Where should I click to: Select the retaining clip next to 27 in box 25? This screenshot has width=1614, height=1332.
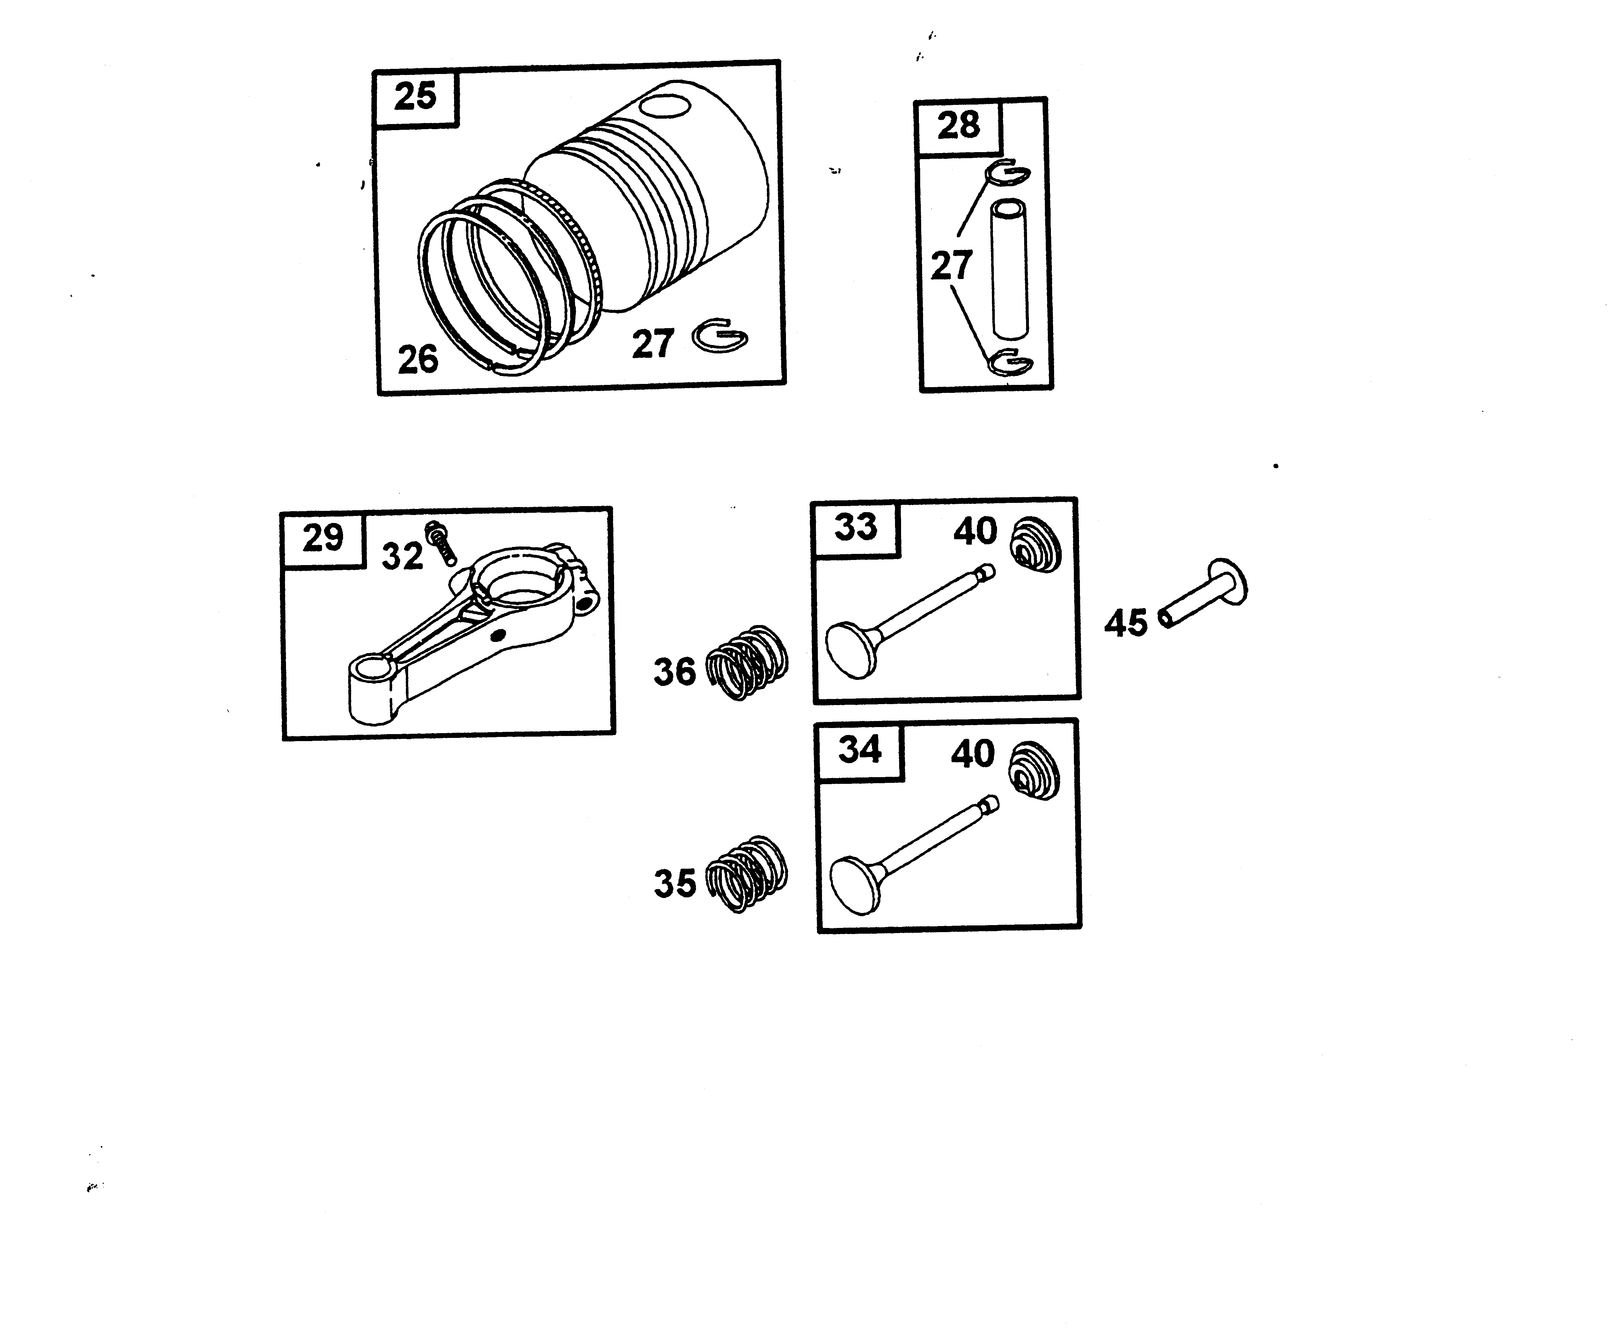tap(720, 336)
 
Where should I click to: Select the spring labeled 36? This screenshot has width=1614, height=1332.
tap(746, 662)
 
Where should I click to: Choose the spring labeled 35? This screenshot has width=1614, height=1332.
tap(746, 873)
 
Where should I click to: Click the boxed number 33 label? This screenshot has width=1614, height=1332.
tap(855, 528)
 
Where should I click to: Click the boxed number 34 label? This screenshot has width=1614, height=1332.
tap(860, 750)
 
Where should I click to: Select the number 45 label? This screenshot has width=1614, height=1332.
tap(1125, 623)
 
